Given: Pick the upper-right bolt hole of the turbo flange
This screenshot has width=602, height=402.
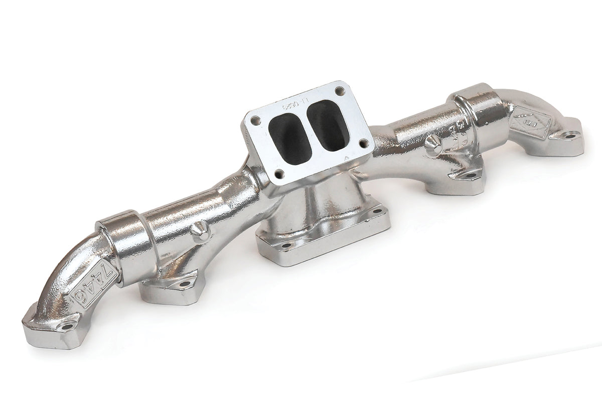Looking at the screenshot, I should [340, 91].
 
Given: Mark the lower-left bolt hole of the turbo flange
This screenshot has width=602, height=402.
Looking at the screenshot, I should [279, 174].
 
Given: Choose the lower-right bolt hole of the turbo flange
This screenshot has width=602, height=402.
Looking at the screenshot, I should [364, 143].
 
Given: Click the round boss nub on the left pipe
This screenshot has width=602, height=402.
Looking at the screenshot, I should [200, 233].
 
